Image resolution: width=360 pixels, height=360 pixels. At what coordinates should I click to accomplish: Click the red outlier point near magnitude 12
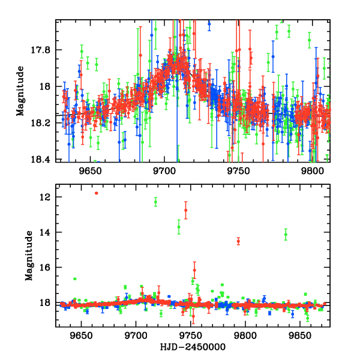click(96, 193)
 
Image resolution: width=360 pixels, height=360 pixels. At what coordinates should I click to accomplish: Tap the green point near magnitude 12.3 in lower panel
click(155, 202)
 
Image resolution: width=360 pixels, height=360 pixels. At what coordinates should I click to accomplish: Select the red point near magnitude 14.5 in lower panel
click(238, 241)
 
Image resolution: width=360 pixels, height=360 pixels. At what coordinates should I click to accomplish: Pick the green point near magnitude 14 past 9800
click(286, 234)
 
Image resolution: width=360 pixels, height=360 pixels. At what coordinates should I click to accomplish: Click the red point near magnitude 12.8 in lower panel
click(185, 210)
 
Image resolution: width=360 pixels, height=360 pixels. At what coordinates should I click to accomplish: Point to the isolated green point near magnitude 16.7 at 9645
click(74, 279)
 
